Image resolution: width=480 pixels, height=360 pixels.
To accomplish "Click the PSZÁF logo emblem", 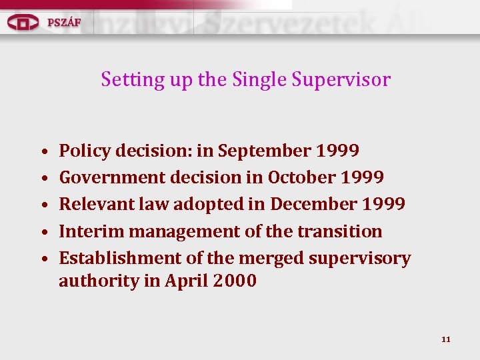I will coord(23,22).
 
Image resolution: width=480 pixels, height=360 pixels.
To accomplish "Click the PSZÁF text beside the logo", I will coord(64,22).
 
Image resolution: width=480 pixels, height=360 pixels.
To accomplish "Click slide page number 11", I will coord(446,339).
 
